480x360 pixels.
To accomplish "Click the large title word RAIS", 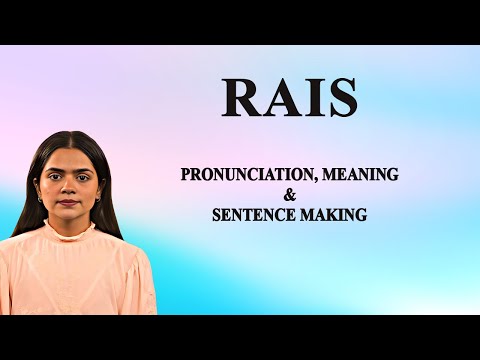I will (289, 98).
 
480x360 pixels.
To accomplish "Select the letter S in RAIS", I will (340, 98).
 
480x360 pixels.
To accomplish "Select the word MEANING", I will (359, 174).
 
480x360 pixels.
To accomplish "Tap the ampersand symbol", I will (290, 195).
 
